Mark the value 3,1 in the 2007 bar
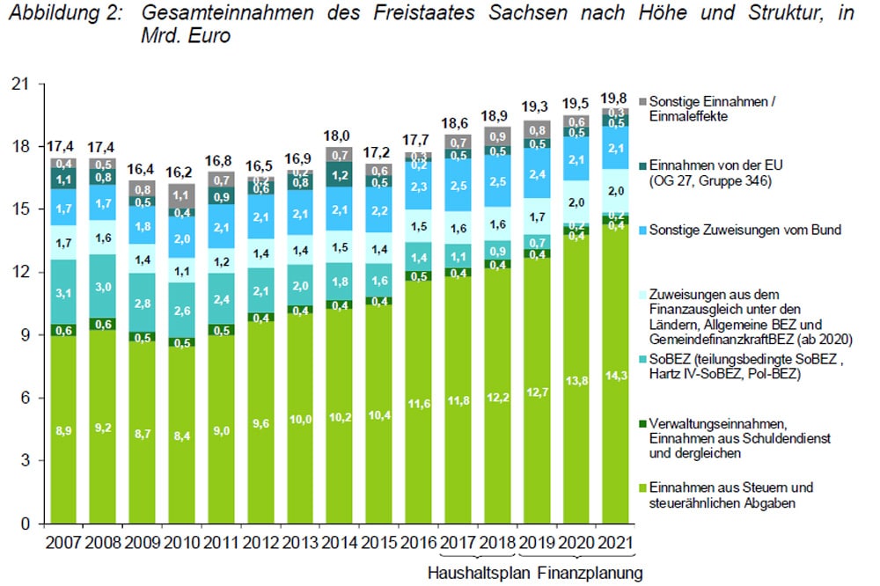click(63, 291)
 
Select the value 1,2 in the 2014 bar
click(338, 174)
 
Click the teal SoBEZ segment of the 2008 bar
click(103, 286)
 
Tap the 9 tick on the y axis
click(24, 335)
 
